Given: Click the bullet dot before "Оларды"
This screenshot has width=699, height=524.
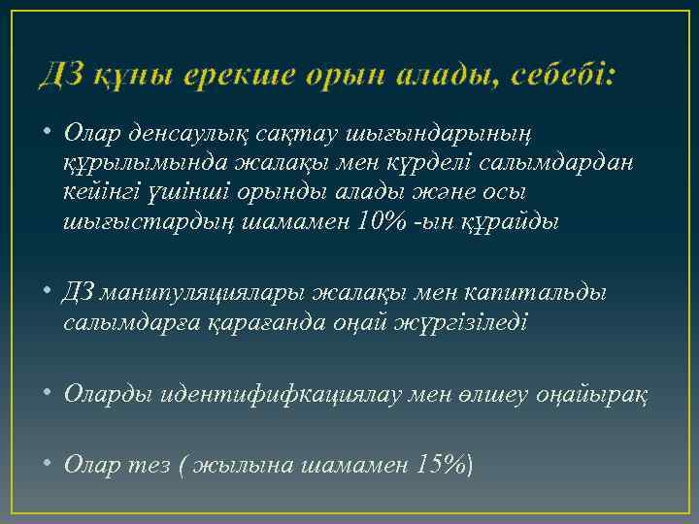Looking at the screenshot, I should [x=48, y=394].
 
